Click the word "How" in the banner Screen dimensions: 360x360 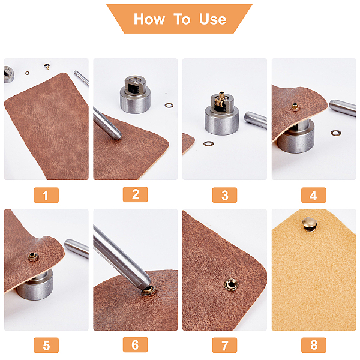click(x=149, y=19)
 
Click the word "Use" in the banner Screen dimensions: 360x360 click(x=212, y=19)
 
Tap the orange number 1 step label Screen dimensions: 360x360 click(x=46, y=195)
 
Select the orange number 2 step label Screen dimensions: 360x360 click(x=135, y=194)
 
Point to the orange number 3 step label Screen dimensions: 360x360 click(x=224, y=195)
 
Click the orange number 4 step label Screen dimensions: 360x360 click(x=314, y=195)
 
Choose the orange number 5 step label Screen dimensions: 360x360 click(x=46, y=345)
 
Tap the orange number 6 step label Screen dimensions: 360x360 click(x=135, y=344)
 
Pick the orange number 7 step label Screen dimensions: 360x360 click(x=224, y=345)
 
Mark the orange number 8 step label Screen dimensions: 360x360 click(x=314, y=345)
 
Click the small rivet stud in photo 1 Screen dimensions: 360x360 click(x=47, y=67)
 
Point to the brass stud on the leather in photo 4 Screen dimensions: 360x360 click(x=295, y=107)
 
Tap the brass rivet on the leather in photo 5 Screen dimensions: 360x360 click(x=33, y=257)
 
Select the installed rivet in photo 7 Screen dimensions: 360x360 click(x=231, y=284)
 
